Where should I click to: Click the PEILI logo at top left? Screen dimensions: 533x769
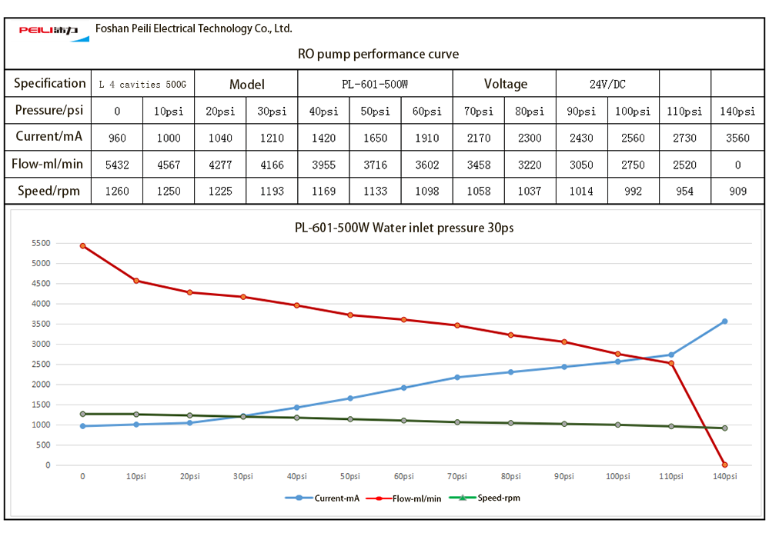coord(48,31)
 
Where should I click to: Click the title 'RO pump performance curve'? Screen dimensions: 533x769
coord(378,54)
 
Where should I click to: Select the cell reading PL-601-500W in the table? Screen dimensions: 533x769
coord(375,84)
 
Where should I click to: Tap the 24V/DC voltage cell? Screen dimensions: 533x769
coord(608,84)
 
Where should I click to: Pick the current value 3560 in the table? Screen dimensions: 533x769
coord(737,138)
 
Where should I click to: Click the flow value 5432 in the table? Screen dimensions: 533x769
coord(117,165)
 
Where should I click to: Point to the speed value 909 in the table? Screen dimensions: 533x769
coord(737,191)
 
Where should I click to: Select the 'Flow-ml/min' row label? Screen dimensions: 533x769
coord(48,164)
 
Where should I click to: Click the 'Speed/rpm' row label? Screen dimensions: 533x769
coord(48,191)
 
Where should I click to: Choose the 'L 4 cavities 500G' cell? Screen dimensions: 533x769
coord(143,84)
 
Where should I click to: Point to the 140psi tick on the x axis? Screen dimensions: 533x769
coord(724,477)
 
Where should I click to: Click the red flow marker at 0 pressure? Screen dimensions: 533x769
coord(82,246)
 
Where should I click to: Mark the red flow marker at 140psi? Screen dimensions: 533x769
coord(724,465)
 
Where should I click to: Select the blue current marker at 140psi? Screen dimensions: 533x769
coord(724,321)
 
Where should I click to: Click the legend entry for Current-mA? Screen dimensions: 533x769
coord(323,498)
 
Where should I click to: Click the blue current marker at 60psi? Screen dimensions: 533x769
coord(404,388)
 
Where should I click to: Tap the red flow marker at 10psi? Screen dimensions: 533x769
coord(136,281)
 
